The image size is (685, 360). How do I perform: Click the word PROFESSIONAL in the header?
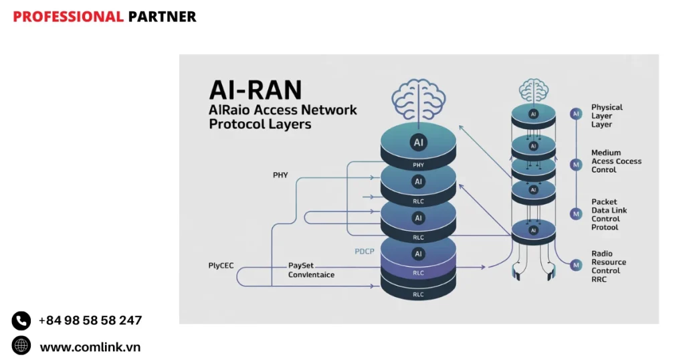(x=68, y=17)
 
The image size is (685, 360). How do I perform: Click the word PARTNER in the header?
(x=162, y=17)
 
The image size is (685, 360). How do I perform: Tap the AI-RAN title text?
(x=256, y=90)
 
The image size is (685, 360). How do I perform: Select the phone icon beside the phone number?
(x=21, y=321)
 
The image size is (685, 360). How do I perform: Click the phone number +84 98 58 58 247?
(x=90, y=321)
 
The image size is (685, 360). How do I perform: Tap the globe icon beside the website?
(x=21, y=345)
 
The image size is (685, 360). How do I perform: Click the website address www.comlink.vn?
(x=90, y=347)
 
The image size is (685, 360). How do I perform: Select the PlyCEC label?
(x=221, y=266)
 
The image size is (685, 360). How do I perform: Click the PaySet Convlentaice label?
(x=311, y=270)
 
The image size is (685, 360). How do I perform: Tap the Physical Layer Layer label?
(x=607, y=116)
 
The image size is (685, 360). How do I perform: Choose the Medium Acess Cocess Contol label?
(x=616, y=161)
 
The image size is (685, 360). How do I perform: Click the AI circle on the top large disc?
(x=418, y=143)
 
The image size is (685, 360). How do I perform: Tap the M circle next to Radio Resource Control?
(x=576, y=265)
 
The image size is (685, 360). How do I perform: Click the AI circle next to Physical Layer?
(x=576, y=114)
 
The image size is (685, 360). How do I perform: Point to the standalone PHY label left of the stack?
(x=280, y=175)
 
